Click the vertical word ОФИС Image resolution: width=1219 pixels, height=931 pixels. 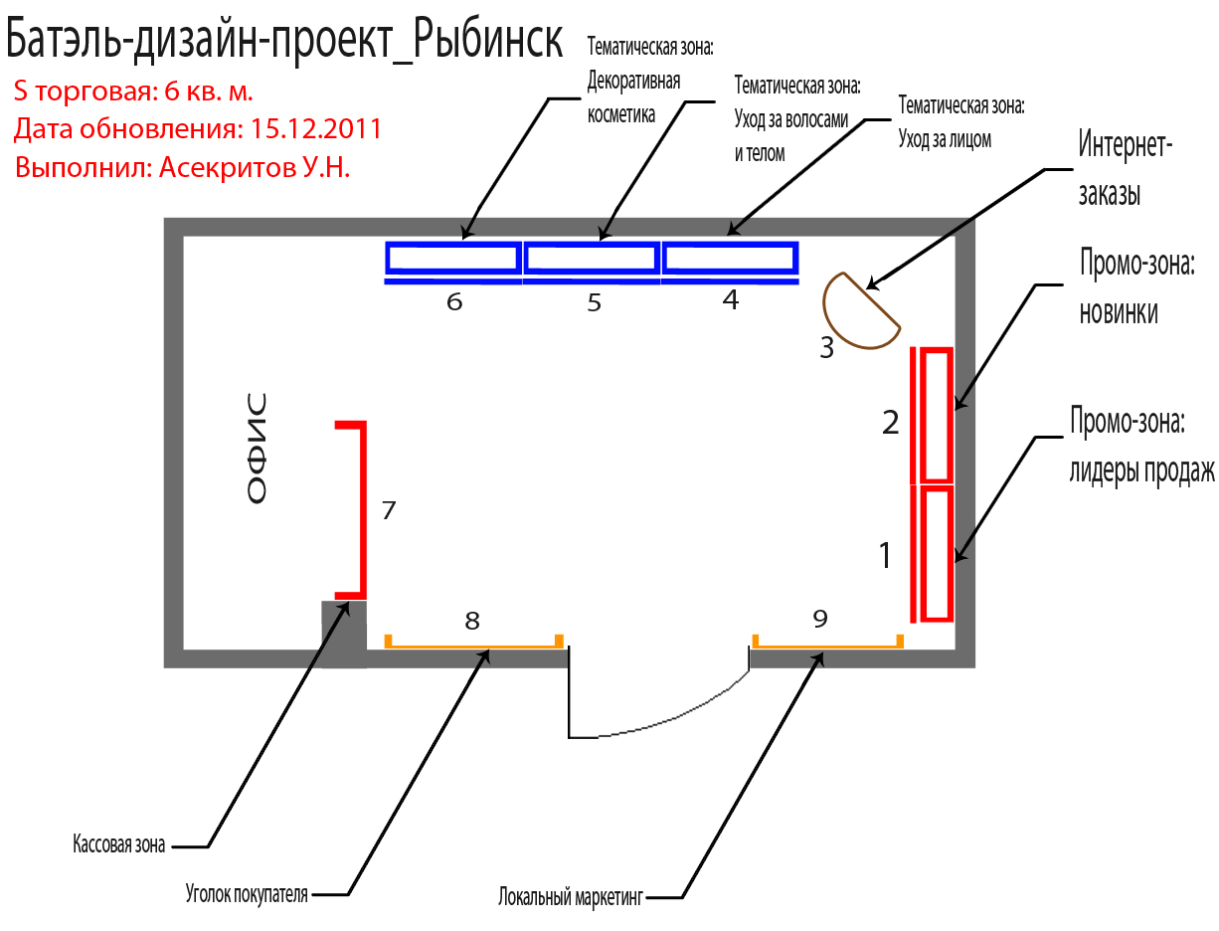point(257,450)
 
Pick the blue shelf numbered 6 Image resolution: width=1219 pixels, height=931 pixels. point(452,260)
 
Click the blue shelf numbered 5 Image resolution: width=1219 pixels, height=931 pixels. point(592,260)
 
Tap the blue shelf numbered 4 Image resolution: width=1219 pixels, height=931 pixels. point(731,259)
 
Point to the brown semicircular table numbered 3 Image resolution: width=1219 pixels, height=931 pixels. point(855,312)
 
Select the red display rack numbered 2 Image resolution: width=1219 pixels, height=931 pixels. point(935,415)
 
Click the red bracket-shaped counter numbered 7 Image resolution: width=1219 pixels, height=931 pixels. point(361,509)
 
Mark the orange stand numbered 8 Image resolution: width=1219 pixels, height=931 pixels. point(474,645)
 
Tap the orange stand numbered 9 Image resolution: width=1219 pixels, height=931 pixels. point(827,645)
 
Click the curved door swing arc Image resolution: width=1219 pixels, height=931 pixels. point(676,717)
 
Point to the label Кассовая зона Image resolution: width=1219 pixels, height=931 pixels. point(118,844)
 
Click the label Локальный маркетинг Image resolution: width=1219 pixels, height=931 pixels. point(572,897)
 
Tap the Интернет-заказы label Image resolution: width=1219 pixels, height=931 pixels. point(1124,170)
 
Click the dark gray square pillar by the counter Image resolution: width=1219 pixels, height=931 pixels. point(344,634)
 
